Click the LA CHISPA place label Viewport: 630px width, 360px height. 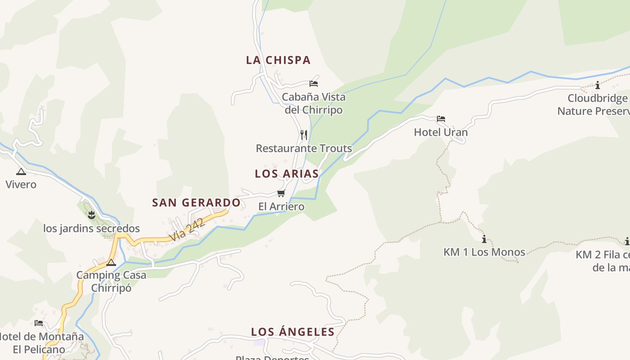pyautogui.click(x=278, y=60)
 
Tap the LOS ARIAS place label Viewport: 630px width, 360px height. pyautogui.click(x=287, y=174)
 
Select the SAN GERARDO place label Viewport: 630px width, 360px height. pyautogui.click(x=196, y=203)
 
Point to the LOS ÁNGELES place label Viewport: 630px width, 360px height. pyautogui.click(x=292, y=332)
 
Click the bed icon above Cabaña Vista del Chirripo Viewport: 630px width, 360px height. pyautogui.click(x=314, y=83)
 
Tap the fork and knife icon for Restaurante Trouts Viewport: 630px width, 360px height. pyautogui.click(x=304, y=135)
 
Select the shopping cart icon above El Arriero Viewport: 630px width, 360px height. pyautogui.click(x=281, y=193)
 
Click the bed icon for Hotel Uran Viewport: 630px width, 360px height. pyautogui.click(x=441, y=119)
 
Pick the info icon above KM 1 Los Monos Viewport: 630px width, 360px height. pyautogui.click(x=484, y=238)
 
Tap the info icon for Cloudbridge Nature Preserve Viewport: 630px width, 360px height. pyautogui.click(x=598, y=85)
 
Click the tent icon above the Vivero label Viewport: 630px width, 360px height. pyautogui.click(x=21, y=171)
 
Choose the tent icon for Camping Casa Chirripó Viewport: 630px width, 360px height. pyautogui.click(x=111, y=262)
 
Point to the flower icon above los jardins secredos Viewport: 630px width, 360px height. pyautogui.click(x=91, y=215)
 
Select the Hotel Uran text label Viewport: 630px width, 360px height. pyautogui.click(x=441, y=132)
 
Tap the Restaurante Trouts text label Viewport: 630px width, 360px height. pyautogui.click(x=304, y=148)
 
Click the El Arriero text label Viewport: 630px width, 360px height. pyautogui.click(x=281, y=207)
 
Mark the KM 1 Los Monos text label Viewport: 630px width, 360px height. pyautogui.click(x=484, y=252)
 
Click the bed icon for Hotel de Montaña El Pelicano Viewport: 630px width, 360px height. pyautogui.click(x=39, y=323)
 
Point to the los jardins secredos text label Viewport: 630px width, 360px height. pyautogui.click(x=91, y=229)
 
